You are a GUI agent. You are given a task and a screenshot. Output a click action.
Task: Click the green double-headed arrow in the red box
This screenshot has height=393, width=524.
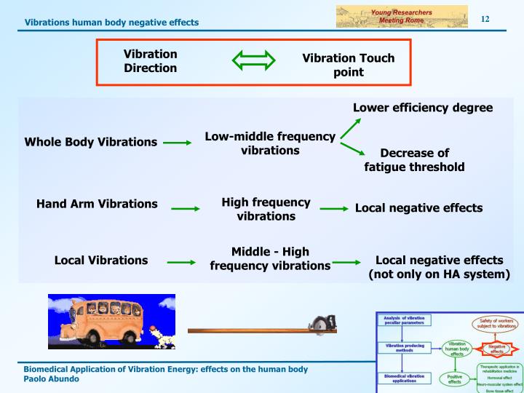coord(248,60)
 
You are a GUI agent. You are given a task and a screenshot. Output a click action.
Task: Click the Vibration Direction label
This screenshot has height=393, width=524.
coord(150,60)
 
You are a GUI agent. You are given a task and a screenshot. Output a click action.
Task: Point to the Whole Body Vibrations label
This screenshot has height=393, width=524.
coord(91,142)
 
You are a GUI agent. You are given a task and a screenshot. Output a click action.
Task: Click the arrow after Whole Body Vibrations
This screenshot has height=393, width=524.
coord(177,143)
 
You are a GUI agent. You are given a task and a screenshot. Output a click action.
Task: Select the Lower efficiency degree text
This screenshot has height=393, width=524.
coord(422,108)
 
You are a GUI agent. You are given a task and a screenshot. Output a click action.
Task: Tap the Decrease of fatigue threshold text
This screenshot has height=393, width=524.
coord(414,160)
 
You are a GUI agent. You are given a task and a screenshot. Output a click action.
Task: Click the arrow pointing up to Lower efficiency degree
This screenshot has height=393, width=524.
coord(350,128)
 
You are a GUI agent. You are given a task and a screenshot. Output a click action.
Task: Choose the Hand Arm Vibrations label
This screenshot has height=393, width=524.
coord(97,204)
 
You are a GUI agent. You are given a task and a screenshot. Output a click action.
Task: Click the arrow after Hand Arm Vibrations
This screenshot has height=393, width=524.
coord(185,209)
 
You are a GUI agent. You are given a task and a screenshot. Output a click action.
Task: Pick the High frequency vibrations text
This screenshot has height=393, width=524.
coord(266,209)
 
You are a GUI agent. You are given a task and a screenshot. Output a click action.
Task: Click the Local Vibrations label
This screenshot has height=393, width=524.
coord(101,260)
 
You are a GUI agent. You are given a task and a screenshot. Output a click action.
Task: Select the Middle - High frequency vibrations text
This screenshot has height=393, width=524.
coord(270,258)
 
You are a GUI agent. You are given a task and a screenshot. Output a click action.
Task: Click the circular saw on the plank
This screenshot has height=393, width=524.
coord(319,324)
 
